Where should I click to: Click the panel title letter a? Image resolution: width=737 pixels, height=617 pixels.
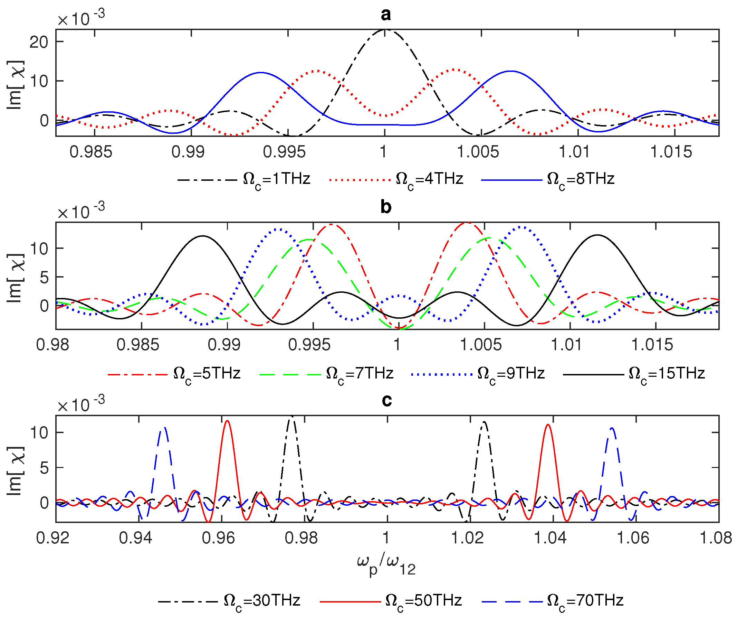click(385, 15)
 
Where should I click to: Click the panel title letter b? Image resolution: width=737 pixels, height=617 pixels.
click(386, 207)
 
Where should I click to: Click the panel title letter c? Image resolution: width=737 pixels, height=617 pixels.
click(386, 400)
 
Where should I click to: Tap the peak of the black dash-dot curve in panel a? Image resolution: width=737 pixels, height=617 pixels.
click(385, 30)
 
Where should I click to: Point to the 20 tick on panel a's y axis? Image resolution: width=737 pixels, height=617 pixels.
click(39, 42)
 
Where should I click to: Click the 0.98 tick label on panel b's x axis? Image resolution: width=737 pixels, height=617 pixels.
click(52, 345)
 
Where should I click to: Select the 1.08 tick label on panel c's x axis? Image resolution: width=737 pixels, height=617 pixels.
click(716, 538)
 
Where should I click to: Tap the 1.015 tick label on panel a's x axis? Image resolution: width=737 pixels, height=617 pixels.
click(671, 152)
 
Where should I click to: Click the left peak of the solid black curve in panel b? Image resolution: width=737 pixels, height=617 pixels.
click(203, 236)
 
